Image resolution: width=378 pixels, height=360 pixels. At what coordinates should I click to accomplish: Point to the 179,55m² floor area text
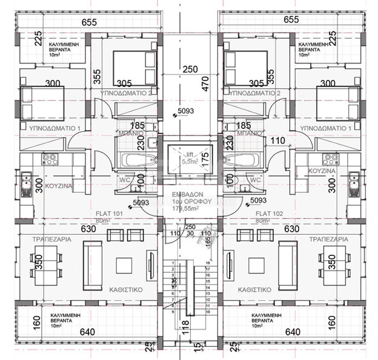tap(189, 208)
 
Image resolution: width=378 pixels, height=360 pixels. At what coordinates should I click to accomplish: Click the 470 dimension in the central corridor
tap(205, 83)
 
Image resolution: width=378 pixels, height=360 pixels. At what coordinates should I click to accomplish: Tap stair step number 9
tap(173, 312)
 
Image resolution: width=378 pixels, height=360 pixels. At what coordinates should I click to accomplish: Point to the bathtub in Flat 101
tap(130, 162)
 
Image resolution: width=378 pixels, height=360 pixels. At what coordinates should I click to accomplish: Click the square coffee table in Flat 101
tap(125, 265)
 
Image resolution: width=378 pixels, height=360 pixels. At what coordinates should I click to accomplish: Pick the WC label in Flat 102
tap(255, 180)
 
